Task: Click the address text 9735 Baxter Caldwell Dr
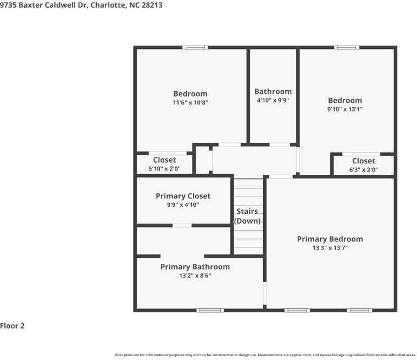coord(43,5)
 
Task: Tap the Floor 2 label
coord(12,326)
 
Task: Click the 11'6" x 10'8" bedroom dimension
coord(191,102)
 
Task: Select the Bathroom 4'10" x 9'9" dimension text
coord(273,101)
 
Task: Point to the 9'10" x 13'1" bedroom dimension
coord(345,109)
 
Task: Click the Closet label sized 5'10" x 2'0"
coord(164,160)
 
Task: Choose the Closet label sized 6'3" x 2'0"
coord(364,161)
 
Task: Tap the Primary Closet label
coord(183,196)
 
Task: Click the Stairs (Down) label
coord(247,216)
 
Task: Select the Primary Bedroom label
coord(330,239)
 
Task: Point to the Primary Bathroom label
coord(195,267)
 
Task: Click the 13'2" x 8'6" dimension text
coord(195,276)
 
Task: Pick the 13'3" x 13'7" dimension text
coord(330,248)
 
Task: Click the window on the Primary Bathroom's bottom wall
coord(210,310)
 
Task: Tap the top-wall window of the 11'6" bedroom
coord(195,47)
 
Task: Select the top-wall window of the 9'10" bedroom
coord(347,47)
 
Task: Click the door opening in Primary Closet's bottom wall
coord(182,226)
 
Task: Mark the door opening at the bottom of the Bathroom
coord(280,145)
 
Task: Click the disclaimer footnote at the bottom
coord(265,355)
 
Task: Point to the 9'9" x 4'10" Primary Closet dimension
coord(183,205)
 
